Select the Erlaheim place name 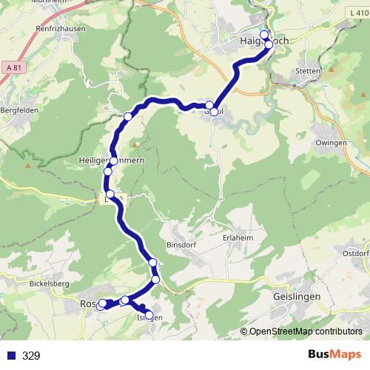click(237, 238)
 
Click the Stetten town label click(306, 72)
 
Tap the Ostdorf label click(355, 253)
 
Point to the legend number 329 click(31, 356)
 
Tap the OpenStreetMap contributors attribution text click(306, 332)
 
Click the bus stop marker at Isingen click(149, 315)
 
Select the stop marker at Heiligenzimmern click(113, 161)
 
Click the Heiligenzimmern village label click(92, 161)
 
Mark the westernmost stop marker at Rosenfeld click(101, 304)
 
